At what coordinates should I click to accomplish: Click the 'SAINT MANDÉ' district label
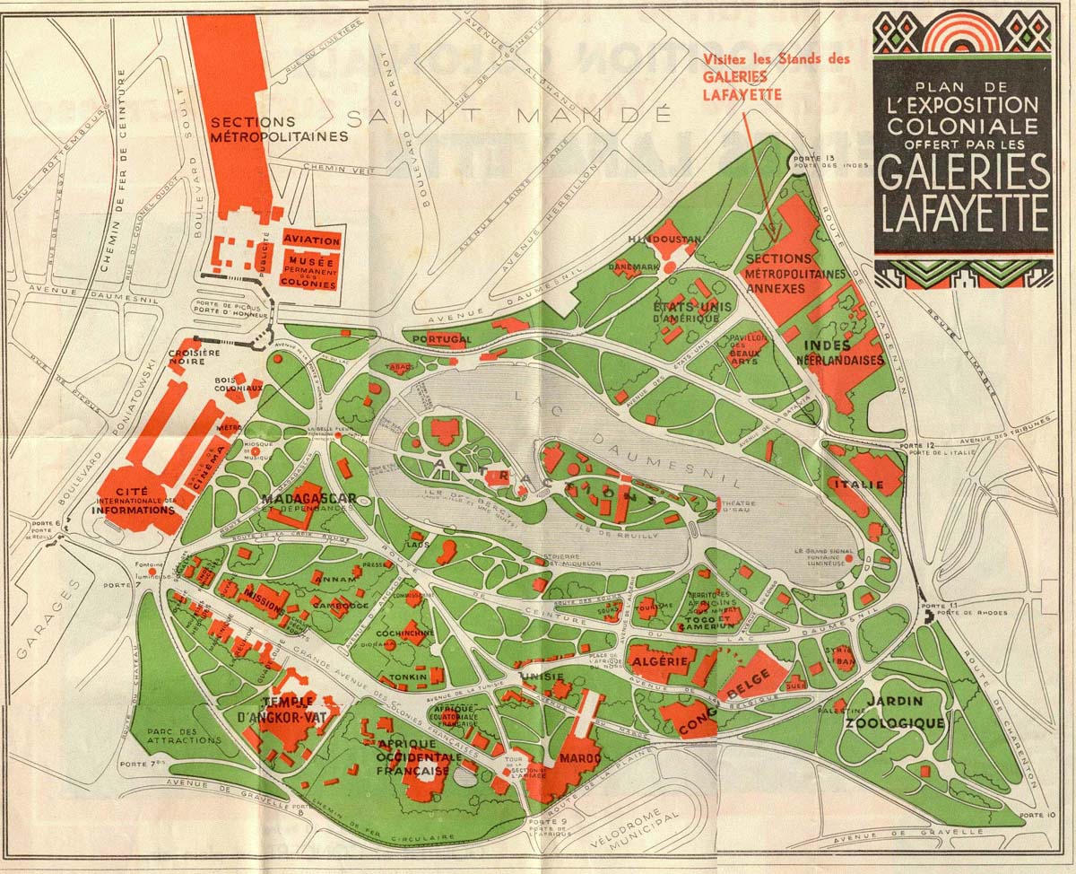pos(508,117)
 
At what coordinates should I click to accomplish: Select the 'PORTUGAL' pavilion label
pos(441,339)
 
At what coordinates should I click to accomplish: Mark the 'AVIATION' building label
pos(311,240)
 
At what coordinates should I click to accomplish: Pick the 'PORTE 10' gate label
pos(1038,813)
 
